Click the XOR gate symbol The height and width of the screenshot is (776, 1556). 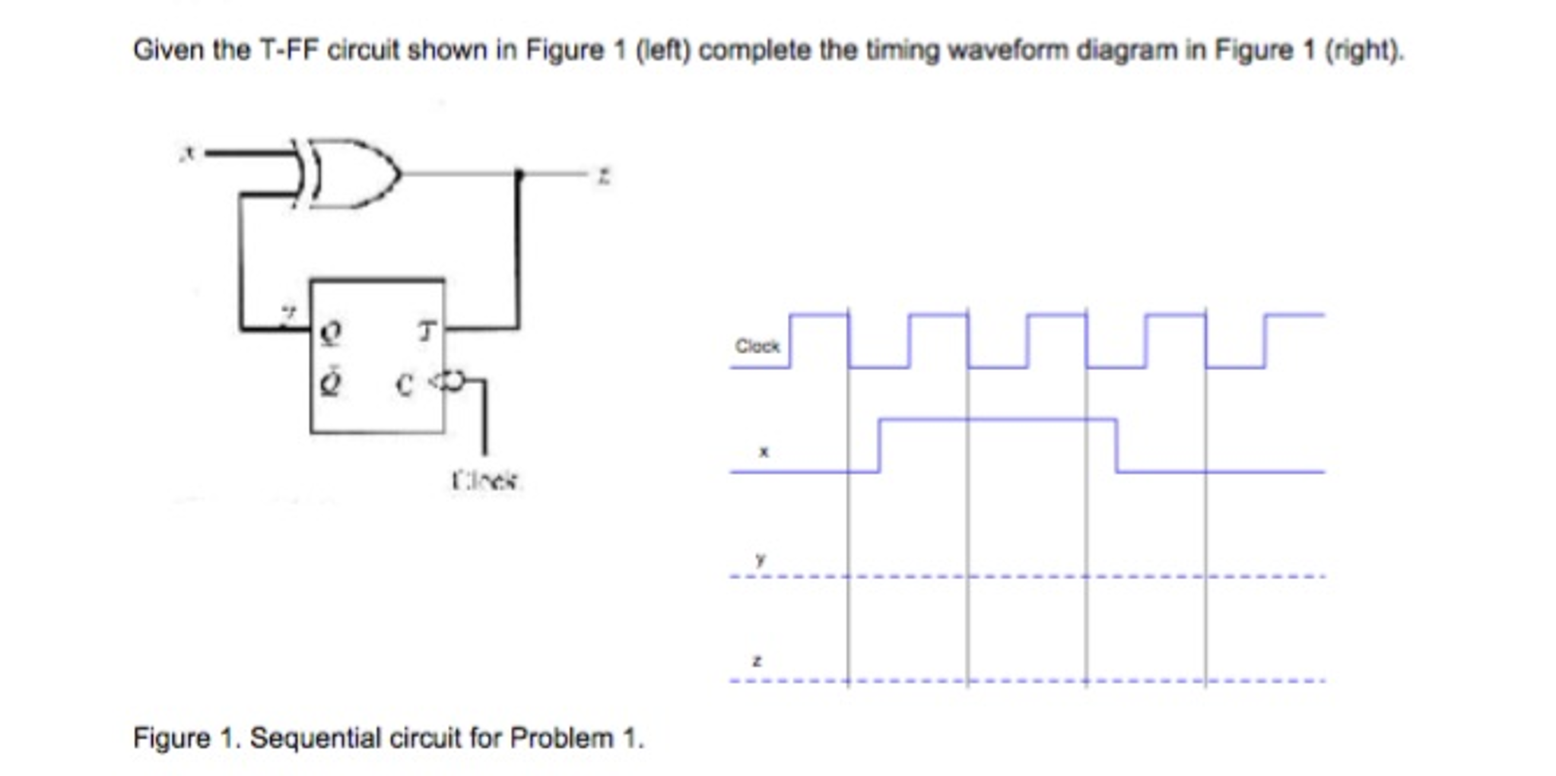pyautogui.click(x=350, y=173)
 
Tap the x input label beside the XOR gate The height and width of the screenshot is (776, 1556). pyautogui.click(x=187, y=153)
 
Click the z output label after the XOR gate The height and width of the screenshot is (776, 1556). pyautogui.click(x=603, y=176)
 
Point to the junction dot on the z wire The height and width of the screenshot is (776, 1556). pyautogui.click(x=519, y=174)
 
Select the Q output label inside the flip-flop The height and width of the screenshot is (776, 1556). pyautogui.click(x=331, y=332)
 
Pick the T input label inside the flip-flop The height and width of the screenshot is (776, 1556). pyautogui.click(x=427, y=331)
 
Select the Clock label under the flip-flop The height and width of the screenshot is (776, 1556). pyautogui.click(x=485, y=480)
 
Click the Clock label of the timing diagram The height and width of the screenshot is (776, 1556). pyautogui.click(x=757, y=347)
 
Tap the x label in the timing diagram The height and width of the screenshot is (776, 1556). pyautogui.click(x=764, y=451)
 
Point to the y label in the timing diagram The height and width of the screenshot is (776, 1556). pyautogui.click(x=760, y=559)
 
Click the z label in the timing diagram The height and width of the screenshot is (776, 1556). pyautogui.click(x=756, y=661)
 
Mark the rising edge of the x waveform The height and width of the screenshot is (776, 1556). pyautogui.click(x=879, y=445)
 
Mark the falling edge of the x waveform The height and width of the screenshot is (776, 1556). pyautogui.click(x=1116, y=445)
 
